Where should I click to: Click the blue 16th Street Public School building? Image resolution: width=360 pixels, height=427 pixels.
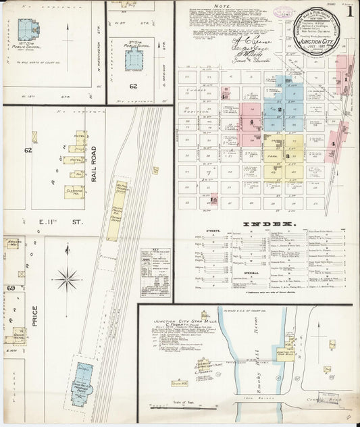28,29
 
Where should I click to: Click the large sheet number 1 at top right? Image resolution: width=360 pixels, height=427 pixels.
349,11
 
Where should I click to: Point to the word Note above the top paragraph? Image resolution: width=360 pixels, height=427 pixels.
232,7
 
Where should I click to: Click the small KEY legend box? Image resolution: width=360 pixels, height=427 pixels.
155,263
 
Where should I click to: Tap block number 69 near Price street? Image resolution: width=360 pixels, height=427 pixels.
10,288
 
